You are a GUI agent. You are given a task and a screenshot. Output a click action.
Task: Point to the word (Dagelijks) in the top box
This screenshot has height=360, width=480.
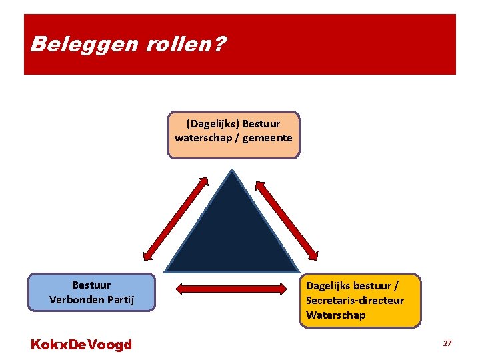click(x=213, y=124)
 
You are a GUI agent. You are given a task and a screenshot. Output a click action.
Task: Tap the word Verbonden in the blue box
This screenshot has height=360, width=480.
click(x=76, y=300)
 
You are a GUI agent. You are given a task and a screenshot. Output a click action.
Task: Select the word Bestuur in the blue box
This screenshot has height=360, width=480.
click(x=91, y=285)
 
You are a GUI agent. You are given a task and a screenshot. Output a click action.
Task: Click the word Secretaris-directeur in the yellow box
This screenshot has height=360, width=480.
click(x=355, y=300)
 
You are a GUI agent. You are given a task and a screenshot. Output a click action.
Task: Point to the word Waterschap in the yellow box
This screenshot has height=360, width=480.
click(x=336, y=315)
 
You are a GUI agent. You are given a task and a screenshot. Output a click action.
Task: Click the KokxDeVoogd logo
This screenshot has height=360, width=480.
click(x=81, y=345)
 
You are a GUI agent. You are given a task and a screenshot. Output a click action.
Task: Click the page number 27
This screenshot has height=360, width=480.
click(x=447, y=343)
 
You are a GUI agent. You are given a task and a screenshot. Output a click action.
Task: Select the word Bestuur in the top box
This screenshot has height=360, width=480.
click(x=261, y=124)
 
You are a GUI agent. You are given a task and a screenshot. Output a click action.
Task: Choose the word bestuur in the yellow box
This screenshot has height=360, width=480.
click(x=373, y=286)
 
